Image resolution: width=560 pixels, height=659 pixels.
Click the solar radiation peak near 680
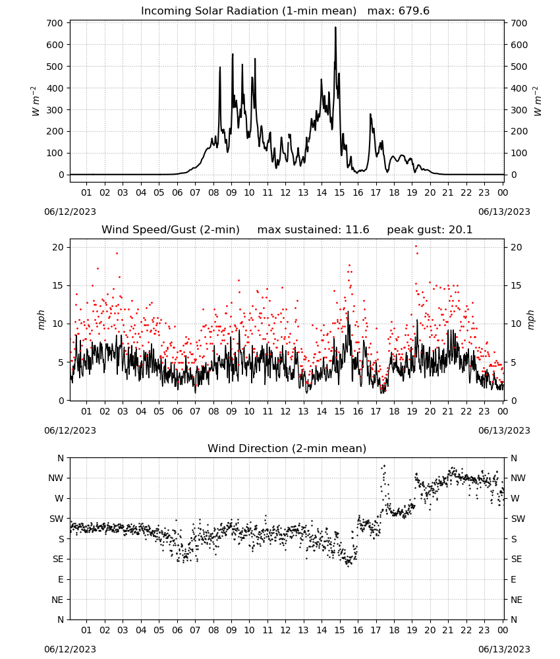coord(335,28)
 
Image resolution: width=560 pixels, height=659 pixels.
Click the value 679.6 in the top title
coord(414,11)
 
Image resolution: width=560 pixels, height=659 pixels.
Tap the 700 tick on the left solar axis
coord(55,23)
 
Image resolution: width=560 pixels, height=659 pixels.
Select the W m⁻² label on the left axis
coord(36,101)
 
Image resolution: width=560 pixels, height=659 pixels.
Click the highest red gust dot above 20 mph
coord(416,246)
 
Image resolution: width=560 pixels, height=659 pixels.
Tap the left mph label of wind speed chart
coord(41,320)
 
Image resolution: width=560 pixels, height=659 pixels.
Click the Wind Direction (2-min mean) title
coord(287,448)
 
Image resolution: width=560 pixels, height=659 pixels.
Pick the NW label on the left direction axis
coord(55,478)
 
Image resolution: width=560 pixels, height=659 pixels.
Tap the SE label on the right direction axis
coord(517,559)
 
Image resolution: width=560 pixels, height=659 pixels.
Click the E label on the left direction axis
coord(61,579)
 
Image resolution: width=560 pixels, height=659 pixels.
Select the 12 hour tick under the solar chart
coord(285,193)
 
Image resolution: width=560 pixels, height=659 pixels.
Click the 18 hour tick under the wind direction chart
coord(393,631)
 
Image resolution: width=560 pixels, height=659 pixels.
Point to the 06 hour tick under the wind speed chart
coord(177,411)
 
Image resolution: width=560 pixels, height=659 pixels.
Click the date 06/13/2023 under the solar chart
coord(504,212)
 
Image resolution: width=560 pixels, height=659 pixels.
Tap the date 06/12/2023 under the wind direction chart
coord(70,649)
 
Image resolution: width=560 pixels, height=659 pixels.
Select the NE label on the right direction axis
coord(517,600)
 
